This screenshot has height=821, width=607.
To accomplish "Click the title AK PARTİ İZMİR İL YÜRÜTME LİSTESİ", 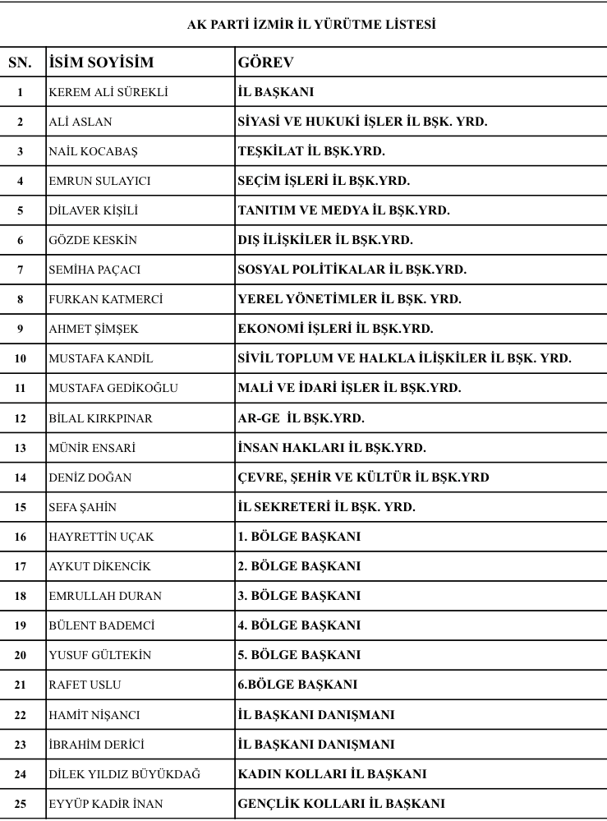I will tap(311, 25).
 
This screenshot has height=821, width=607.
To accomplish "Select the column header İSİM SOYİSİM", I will tap(102, 62).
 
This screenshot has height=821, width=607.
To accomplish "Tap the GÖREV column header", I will tap(266, 62).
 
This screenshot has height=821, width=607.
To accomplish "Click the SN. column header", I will tap(20, 62).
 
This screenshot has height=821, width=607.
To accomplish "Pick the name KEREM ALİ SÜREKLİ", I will tap(108, 92).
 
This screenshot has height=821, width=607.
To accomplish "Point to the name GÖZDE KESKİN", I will tap(93, 240).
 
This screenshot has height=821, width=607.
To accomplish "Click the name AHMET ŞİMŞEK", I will tap(94, 329).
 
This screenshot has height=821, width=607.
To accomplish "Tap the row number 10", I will tap(20, 358).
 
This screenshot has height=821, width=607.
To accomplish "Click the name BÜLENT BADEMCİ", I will tap(101, 625).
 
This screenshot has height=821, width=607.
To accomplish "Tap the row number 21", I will tap(20, 685).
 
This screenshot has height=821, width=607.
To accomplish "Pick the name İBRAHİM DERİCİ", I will tap(96, 744).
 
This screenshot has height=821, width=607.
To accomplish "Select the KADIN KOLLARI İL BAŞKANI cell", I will tap(332, 773).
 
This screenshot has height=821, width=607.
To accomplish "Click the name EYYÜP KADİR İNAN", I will tap(106, 803).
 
